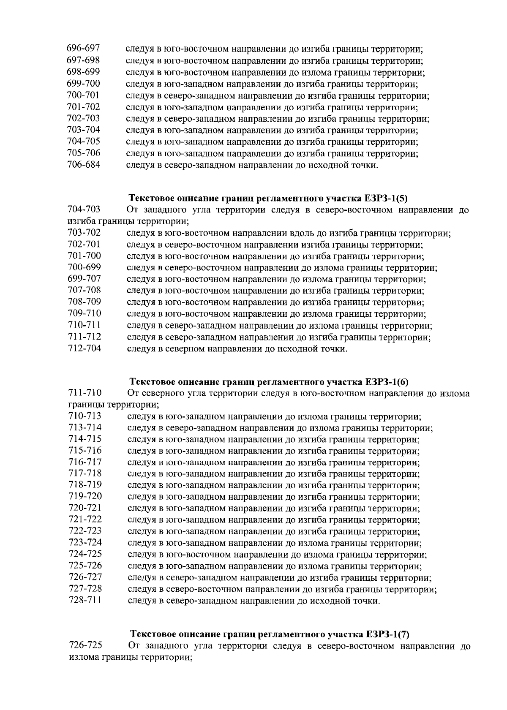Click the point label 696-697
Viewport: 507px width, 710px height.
[x=83, y=49]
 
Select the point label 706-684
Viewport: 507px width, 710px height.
[x=84, y=165]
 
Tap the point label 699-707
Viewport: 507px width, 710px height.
[x=84, y=279]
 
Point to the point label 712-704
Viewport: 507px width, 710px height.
[x=84, y=349]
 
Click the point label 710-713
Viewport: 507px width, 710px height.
[x=84, y=416]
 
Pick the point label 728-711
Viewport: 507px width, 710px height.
[x=85, y=600]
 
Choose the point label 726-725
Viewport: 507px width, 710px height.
[x=85, y=646]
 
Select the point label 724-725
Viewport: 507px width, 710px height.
[x=85, y=554]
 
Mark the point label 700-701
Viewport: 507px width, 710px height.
[x=84, y=95]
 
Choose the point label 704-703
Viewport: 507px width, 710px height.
[x=84, y=210]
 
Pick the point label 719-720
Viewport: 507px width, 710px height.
[x=85, y=497]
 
